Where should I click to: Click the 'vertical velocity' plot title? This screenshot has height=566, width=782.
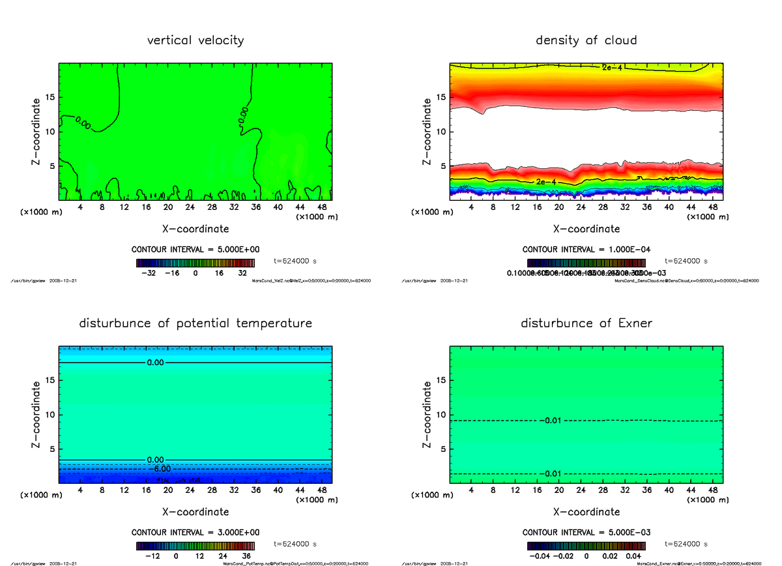pyautogui.click(x=195, y=40)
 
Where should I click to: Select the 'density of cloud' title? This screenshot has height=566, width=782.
pyautogui.click(x=586, y=40)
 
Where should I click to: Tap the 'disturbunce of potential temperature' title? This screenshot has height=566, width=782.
pyautogui.click(x=195, y=323)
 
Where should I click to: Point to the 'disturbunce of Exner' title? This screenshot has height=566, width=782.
pyautogui.click(x=586, y=323)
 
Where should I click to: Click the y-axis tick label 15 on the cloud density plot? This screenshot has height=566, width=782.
pyautogui.click(x=441, y=98)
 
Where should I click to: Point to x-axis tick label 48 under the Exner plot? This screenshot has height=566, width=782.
pyautogui.click(x=713, y=490)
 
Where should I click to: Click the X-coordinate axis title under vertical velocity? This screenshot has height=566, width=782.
pyautogui.click(x=195, y=229)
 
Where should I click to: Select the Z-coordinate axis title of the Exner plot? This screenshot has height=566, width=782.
pyautogui.click(x=427, y=415)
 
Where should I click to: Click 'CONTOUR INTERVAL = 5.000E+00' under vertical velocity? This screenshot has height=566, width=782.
pyautogui.click(x=195, y=250)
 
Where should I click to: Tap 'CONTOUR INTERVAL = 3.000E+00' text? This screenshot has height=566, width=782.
pyautogui.click(x=195, y=533)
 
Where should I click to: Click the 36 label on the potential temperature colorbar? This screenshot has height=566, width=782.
pyautogui.click(x=248, y=556)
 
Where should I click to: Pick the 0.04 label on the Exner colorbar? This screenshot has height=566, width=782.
pyautogui.click(x=633, y=556)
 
